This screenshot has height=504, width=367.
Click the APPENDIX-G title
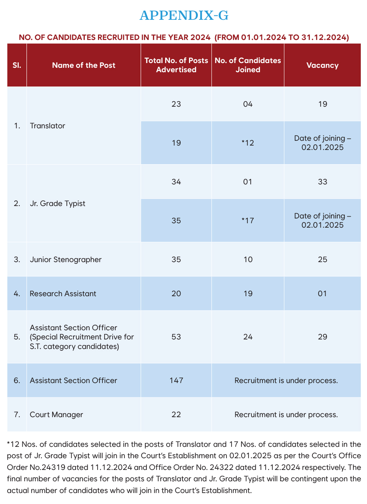click(184, 15)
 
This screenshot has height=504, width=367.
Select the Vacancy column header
click(322, 65)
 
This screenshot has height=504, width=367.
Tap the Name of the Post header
click(84, 65)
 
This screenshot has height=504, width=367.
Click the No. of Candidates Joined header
click(248, 65)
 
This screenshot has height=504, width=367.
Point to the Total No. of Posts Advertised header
click(176, 65)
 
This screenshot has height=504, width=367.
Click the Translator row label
click(48, 126)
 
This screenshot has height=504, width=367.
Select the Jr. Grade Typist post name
click(58, 203)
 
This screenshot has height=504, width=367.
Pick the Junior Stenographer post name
click(66, 260)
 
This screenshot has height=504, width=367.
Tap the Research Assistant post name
click(63, 294)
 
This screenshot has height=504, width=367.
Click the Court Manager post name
click(57, 415)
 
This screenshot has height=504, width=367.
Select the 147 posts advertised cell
click(176, 380)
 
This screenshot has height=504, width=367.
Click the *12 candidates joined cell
click(248, 143)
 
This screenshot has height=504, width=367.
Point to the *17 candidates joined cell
click(248, 221)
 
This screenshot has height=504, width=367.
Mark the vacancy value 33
click(323, 182)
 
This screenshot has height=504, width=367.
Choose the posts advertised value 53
click(176, 337)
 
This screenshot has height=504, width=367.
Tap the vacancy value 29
click(323, 337)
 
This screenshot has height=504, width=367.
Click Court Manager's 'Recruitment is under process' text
click(286, 415)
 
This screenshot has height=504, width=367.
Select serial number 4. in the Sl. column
click(17, 294)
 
